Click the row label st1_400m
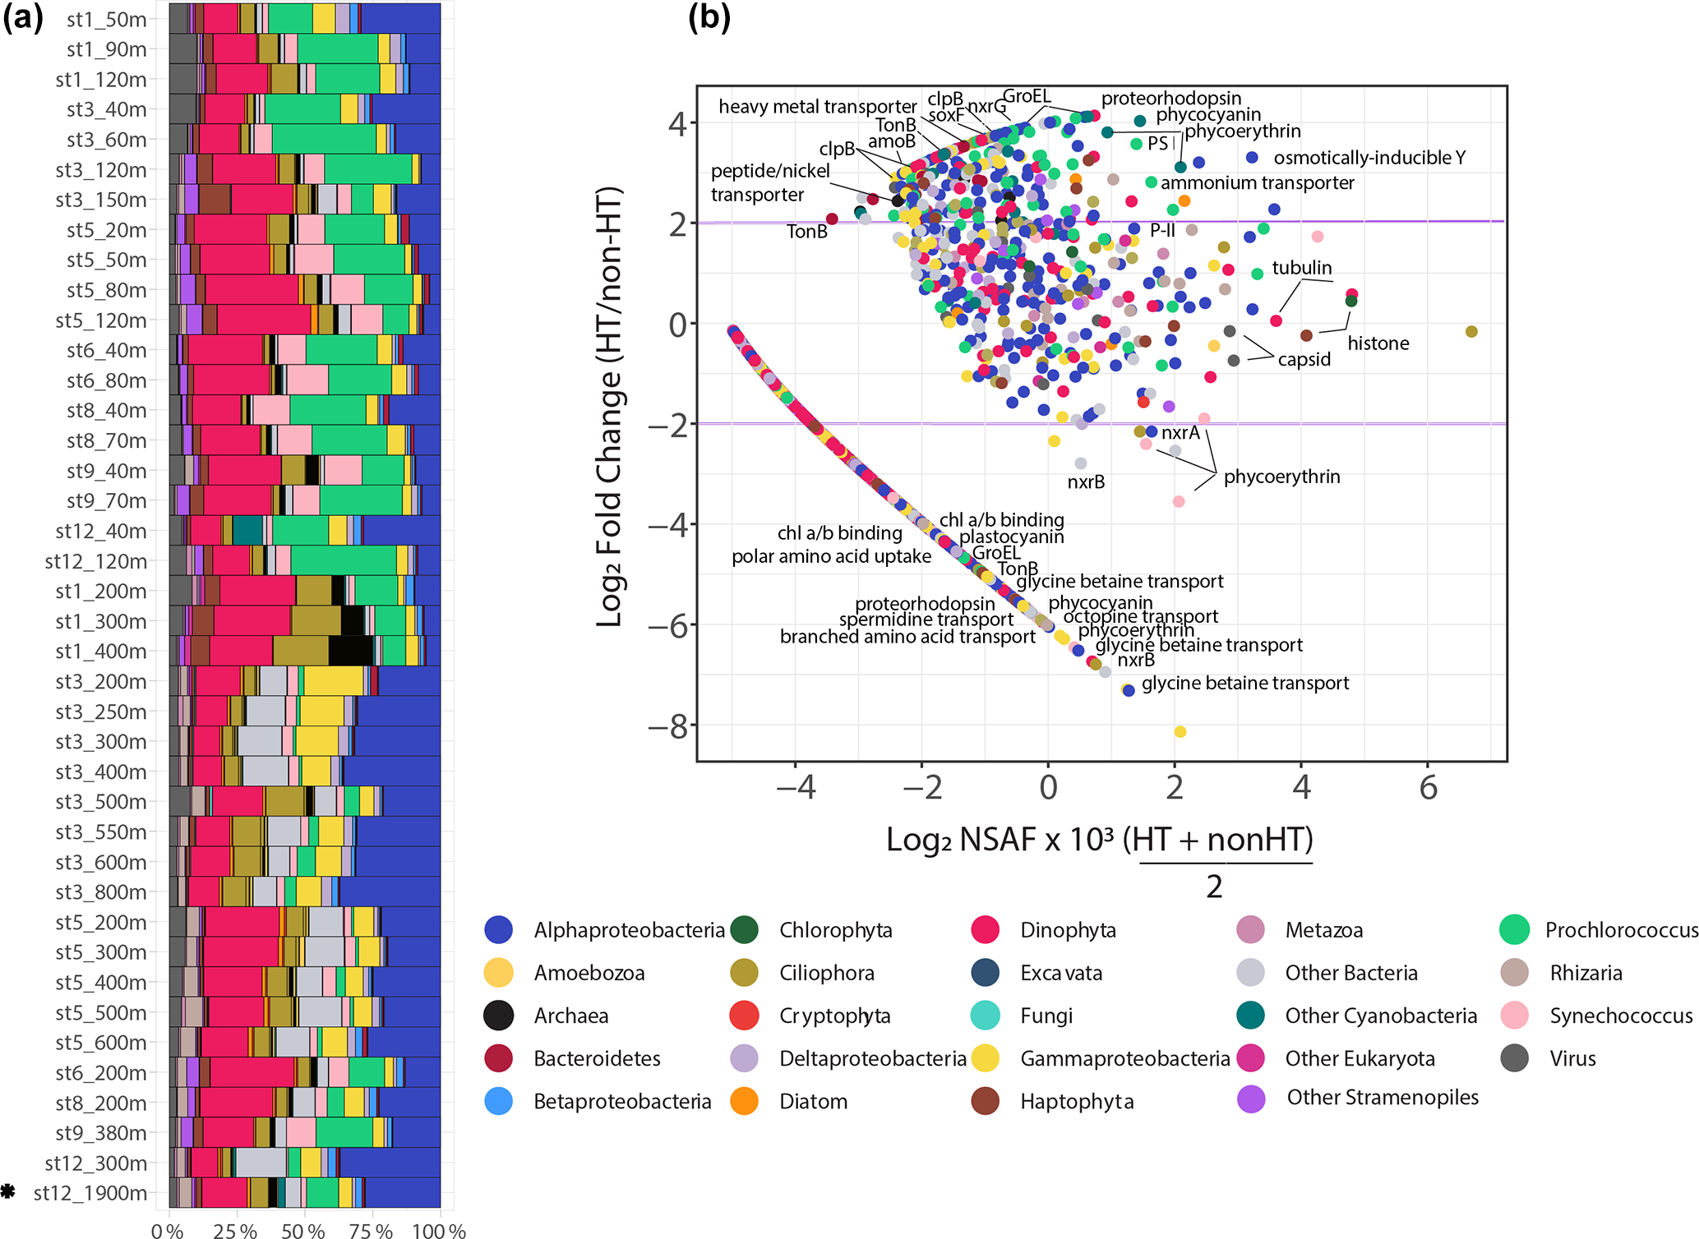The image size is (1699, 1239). [x=101, y=652]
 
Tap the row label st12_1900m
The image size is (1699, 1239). [x=90, y=1193]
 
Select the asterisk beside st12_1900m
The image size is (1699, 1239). [x=8, y=1191]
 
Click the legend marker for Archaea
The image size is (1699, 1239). [x=499, y=1016]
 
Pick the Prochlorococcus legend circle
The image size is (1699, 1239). [x=1514, y=930]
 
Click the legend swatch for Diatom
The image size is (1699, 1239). [x=744, y=1101]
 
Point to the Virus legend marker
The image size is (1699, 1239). [x=1514, y=1058]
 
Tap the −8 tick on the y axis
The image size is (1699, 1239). [x=667, y=727]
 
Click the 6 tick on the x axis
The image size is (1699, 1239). [x=1429, y=788]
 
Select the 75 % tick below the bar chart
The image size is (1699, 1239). [x=372, y=1231]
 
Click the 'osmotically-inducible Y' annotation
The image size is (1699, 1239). [x=1369, y=158]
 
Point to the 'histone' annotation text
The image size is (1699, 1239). [x=1378, y=343]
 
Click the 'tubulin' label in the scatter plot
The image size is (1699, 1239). [x=1302, y=268]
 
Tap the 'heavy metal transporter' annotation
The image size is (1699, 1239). [x=817, y=107]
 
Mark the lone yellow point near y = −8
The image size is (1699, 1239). [x=1180, y=731]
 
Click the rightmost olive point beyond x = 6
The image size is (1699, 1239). [x=1471, y=332]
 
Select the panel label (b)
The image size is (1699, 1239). [x=709, y=18]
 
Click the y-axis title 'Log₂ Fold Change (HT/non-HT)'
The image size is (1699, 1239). [x=609, y=407]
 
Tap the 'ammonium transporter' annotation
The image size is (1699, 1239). [x=1257, y=182]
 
